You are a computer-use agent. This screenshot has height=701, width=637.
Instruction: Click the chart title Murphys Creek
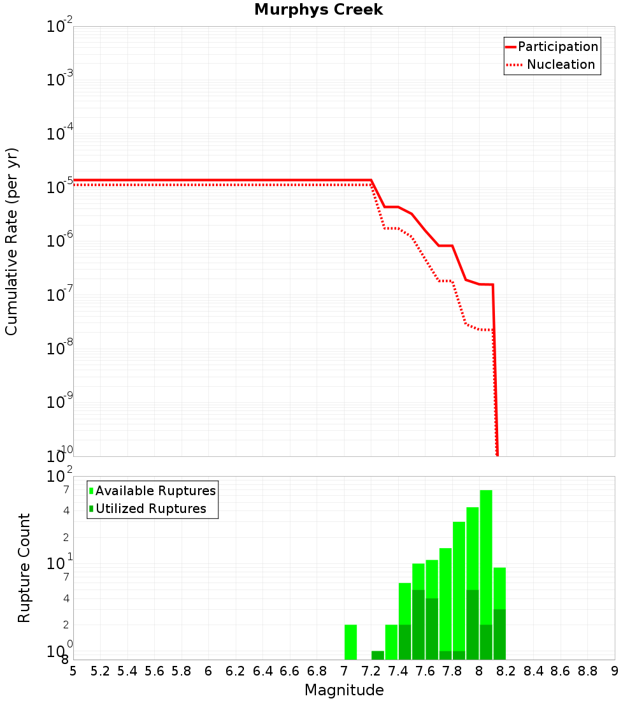318,10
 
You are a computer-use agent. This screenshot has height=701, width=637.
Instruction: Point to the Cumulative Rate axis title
11,241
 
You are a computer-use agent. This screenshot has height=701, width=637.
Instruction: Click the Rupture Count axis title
24,568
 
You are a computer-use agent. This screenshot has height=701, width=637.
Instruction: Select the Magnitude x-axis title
344,690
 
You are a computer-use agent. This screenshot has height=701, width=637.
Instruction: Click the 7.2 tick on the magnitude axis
371,671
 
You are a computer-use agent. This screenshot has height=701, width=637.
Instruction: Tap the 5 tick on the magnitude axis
73,671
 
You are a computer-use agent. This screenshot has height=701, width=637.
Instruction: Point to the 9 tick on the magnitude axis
615,671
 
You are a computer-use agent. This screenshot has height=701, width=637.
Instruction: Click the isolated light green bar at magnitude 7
350,642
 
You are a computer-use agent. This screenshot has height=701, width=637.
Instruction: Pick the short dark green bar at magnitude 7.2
378,655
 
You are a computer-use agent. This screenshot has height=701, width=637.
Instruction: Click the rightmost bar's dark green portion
499,634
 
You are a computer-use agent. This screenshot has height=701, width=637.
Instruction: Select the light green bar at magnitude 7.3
391,642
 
